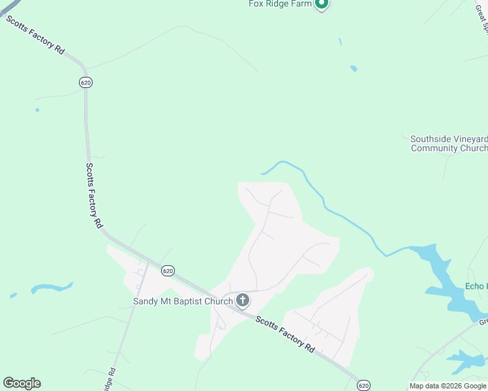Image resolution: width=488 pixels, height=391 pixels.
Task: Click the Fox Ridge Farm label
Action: click(x=280, y=4)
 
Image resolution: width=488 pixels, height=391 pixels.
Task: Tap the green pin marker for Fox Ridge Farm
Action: click(x=321, y=4)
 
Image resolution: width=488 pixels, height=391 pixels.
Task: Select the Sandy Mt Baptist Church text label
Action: click(x=183, y=301)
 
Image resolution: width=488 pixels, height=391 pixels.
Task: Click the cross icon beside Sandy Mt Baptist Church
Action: click(x=242, y=300)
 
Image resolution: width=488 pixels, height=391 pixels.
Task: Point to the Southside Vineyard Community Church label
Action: click(x=448, y=143)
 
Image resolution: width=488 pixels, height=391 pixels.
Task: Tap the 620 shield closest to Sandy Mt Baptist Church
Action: click(x=168, y=270)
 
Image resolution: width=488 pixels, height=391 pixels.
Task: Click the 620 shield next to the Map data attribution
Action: click(x=364, y=384)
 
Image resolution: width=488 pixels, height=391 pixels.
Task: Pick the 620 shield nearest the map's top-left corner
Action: click(x=85, y=82)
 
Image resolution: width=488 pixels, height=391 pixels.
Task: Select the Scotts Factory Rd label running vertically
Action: click(x=95, y=195)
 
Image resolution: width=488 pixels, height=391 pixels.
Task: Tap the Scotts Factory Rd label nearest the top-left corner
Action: click(x=36, y=35)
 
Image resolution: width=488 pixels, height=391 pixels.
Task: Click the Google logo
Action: click(x=22, y=383)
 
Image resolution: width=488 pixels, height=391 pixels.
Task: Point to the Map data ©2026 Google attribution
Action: click(x=448, y=386)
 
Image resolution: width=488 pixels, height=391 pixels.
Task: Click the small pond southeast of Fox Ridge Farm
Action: click(x=354, y=68)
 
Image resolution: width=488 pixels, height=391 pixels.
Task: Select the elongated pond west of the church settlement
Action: click(x=52, y=287)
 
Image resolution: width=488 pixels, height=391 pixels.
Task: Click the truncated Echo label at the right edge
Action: click(x=476, y=286)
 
